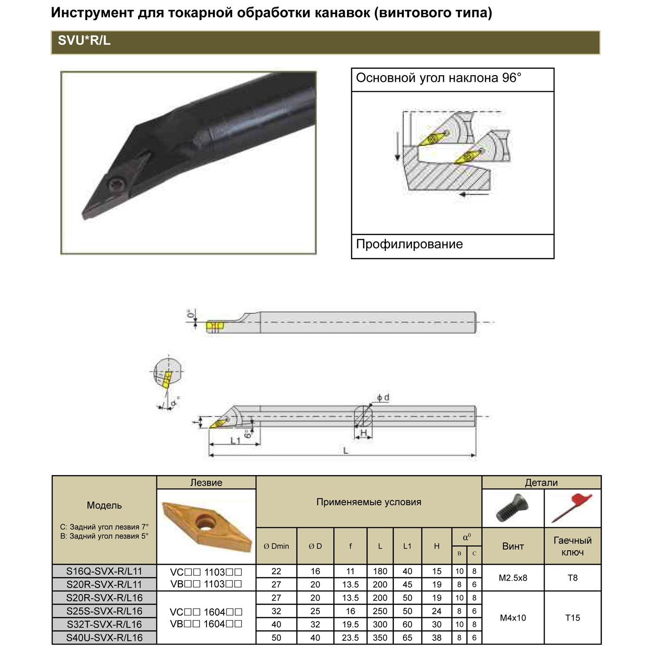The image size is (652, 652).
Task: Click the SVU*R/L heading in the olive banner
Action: point(84,40)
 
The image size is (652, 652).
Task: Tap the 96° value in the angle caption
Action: point(512,78)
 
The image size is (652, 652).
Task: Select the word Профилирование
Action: point(409,244)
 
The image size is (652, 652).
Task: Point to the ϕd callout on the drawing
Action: point(383,397)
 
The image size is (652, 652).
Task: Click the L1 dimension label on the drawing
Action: point(235,441)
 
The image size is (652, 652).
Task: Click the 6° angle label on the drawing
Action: point(247,433)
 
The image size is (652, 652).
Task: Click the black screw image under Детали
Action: point(512,508)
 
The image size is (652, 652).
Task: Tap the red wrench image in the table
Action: point(572,508)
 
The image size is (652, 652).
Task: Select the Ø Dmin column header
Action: point(276,546)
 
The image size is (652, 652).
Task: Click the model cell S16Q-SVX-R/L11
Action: point(104,571)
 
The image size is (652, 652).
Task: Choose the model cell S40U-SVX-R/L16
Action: point(104,638)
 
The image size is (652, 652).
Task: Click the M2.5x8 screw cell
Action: point(513,578)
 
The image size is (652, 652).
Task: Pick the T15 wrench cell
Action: point(572,618)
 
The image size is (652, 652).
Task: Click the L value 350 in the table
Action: point(380,638)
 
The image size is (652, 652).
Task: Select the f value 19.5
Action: point(350,625)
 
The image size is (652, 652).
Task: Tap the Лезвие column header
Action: point(206,482)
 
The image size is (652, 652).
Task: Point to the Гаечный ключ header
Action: point(572,546)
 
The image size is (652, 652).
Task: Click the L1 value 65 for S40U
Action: point(407,638)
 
